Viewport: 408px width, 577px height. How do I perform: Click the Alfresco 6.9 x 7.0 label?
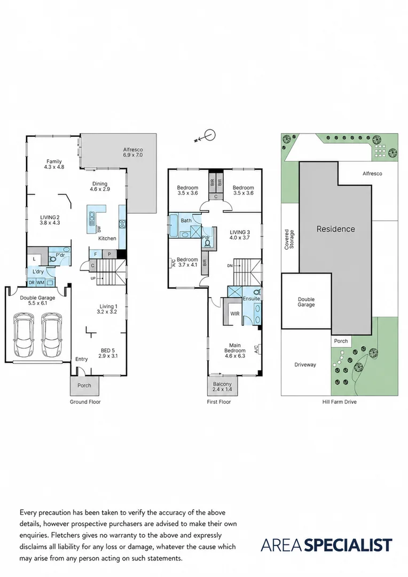coord(133,152)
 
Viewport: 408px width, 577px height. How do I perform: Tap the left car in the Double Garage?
coord(23,335)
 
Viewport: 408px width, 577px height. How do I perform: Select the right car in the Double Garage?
coord(51,335)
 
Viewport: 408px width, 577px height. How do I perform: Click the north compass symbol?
coord(206,137)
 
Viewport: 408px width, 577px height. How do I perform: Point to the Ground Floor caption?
coord(85,402)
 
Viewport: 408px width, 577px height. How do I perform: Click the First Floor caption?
coord(219,402)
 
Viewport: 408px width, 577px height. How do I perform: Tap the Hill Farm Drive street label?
coord(340,402)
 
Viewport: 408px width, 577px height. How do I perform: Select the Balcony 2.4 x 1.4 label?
coord(222,386)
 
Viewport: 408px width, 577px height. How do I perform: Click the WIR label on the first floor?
coord(235,314)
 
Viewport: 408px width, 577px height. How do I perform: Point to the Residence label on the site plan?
coord(336,229)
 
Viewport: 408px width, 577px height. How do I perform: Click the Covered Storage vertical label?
coord(289,239)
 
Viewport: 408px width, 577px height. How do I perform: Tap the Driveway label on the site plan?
coord(305,365)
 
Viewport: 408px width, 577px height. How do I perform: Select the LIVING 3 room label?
coord(240,235)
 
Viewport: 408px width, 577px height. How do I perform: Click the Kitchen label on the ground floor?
coord(107,238)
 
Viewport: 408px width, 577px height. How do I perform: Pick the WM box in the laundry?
coord(41,283)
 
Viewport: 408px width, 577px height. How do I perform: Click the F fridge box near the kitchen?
coord(96,254)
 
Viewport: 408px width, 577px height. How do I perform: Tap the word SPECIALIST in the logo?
coord(349,545)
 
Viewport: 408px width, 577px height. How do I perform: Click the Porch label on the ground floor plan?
coord(84,385)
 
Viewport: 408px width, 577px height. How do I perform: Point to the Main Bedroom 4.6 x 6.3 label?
coord(235,350)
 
